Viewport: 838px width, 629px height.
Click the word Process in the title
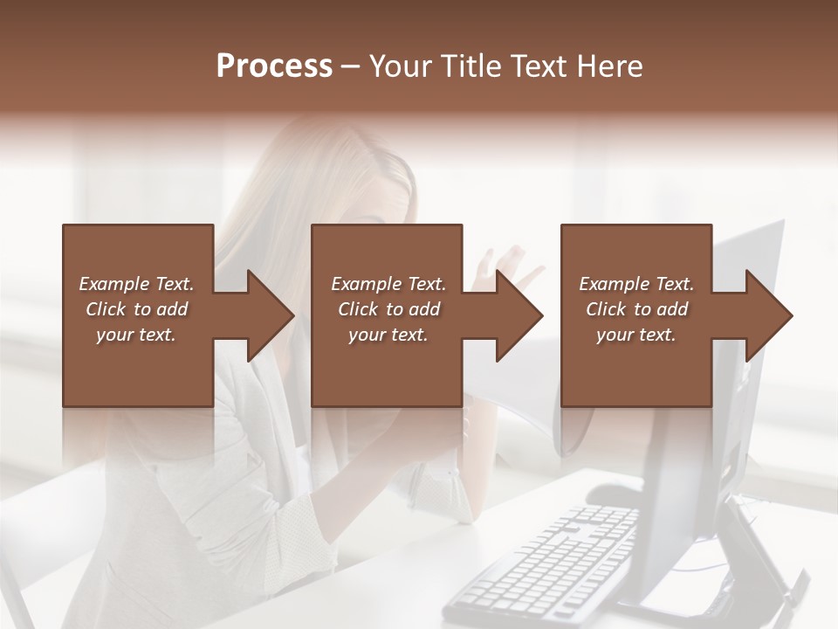274,66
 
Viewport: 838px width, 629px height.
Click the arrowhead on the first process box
268,315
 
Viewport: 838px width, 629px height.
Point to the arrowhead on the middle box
518,315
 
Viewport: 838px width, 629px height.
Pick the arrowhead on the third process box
767,315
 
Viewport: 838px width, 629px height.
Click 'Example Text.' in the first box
137,284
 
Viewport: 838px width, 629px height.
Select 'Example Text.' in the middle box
388,284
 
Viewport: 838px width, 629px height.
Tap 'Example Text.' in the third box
636,284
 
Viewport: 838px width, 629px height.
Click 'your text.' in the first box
136,335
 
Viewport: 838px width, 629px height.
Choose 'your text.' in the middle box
388,335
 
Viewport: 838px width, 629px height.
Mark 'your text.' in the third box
636,335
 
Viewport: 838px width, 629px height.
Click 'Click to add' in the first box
137,309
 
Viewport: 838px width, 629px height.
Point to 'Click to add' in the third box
637,309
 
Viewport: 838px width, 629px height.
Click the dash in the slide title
351,66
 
